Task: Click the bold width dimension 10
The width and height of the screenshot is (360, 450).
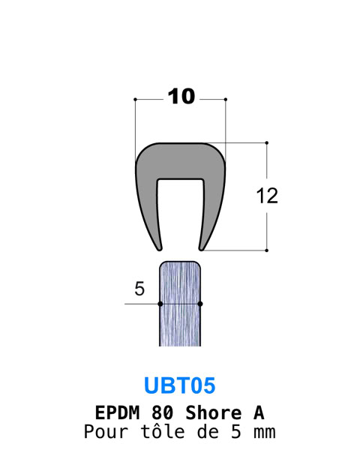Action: point(181,97)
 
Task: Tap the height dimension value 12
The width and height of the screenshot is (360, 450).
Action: point(267,196)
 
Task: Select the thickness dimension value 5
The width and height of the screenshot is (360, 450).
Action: point(139,289)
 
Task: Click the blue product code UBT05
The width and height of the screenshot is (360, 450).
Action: point(180,385)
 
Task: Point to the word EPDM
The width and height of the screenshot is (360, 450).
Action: point(117,412)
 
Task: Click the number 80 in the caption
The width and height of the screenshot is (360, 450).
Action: point(163,412)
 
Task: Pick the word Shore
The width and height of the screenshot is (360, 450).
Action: point(213,412)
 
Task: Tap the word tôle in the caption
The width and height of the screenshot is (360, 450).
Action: point(163,432)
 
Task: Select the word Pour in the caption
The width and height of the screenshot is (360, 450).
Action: point(106,432)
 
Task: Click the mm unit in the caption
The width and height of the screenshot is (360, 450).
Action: point(265,433)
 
